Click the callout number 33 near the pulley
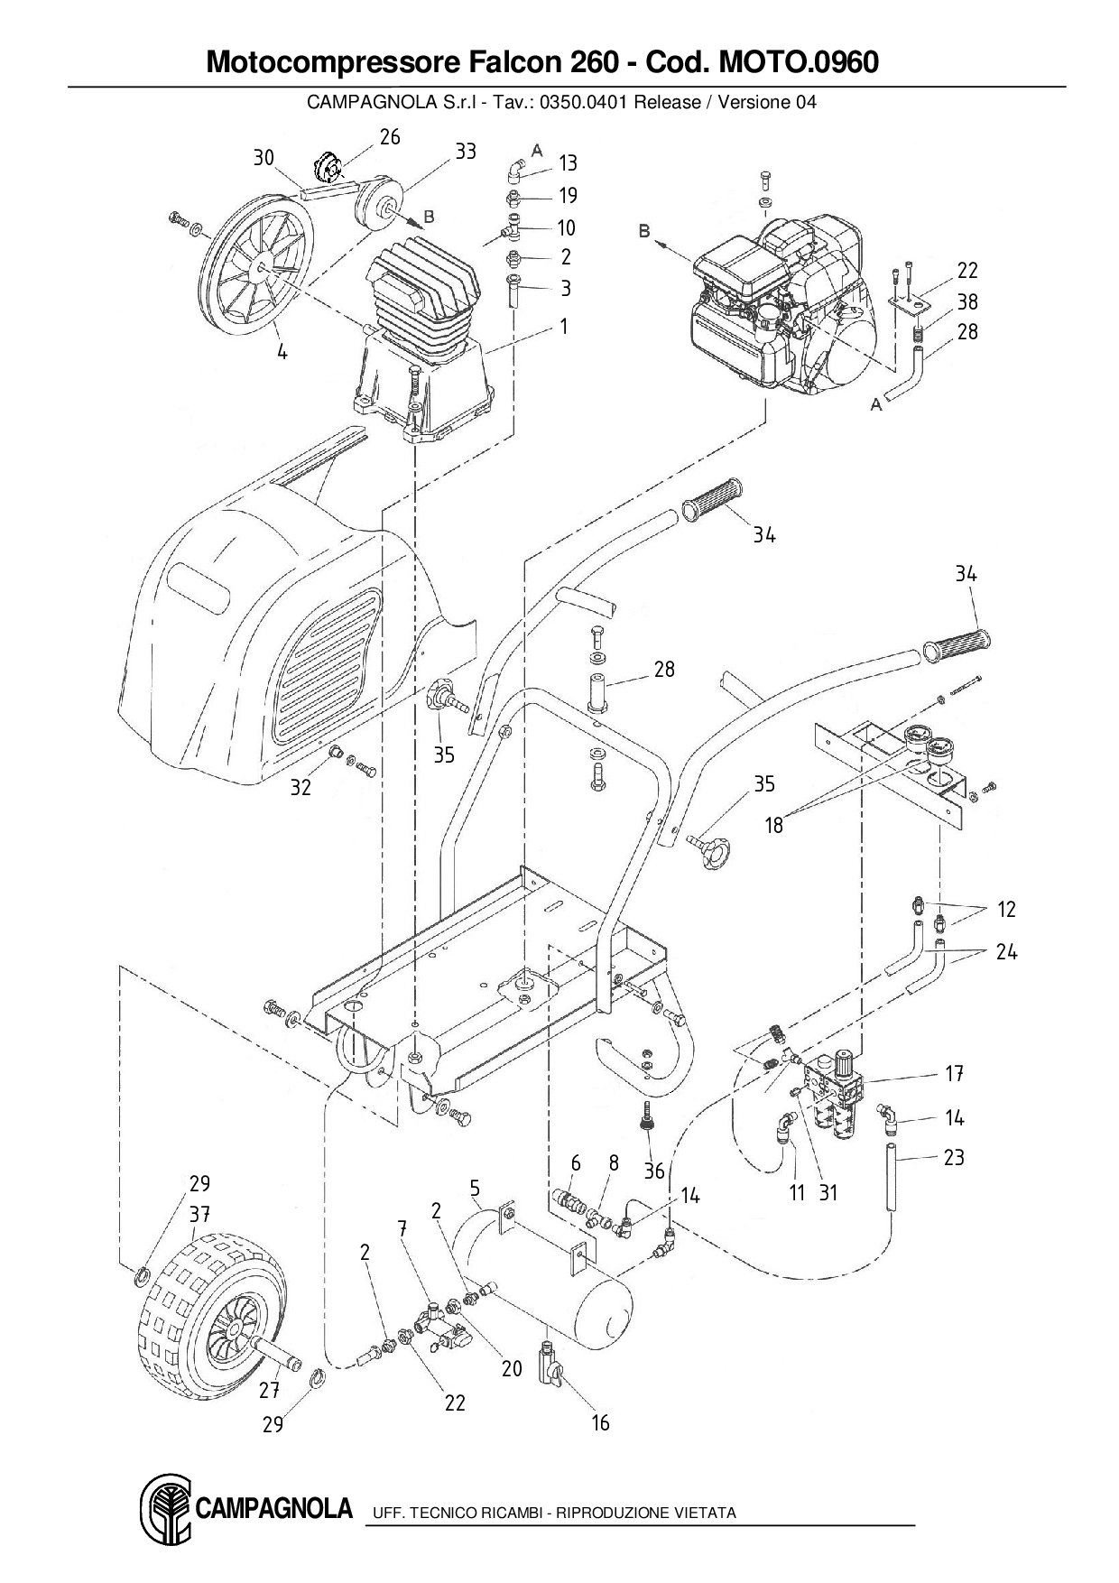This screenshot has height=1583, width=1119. (465, 152)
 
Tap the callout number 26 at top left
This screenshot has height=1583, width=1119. (389, 137)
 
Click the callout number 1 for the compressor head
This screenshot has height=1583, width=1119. (564, 326)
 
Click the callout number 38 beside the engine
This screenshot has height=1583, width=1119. (967, 301)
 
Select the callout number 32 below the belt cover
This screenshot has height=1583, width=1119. (301, 787)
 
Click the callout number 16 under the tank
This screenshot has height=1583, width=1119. (600, 1423)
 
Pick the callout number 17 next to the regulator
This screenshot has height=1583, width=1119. (955, 1074)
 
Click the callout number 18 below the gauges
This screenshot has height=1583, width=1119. (774, 824)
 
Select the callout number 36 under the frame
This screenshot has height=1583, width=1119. (654, 1171)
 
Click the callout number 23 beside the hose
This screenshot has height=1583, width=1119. (954, 1157)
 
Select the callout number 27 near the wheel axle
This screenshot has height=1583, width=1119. (269, 1391)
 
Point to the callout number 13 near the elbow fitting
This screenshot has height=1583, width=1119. (568, 163)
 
